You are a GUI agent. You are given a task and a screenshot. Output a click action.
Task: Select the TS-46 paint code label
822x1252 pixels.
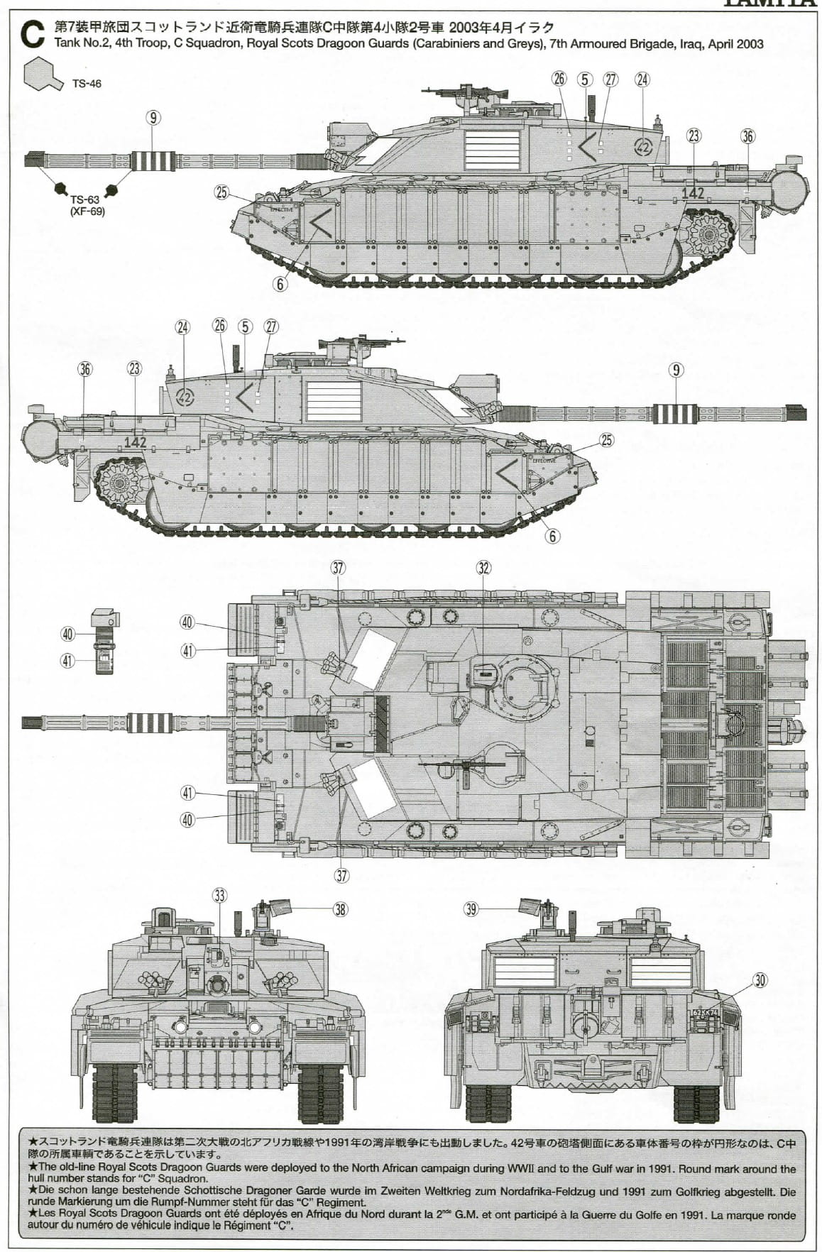click(87, 84)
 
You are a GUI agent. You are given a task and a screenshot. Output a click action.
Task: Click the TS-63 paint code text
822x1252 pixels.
click(84, 200)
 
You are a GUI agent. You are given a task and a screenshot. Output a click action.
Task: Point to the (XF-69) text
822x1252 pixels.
click(87, 212)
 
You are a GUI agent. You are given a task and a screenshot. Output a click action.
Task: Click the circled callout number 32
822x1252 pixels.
click(483, 568)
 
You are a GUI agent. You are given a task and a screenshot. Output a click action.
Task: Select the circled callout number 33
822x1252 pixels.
click(219, 896)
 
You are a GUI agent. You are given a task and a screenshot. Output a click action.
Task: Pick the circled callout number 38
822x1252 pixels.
click(341, 909)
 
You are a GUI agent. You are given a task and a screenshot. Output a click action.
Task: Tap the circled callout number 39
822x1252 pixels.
click(471, 908)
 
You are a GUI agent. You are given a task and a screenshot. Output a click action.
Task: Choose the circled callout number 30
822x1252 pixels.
click(760, 980)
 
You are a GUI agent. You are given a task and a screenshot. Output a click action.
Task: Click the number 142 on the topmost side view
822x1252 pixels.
click(692, 192)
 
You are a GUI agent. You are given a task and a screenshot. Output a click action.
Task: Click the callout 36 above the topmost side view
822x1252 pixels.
click(747, 136)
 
